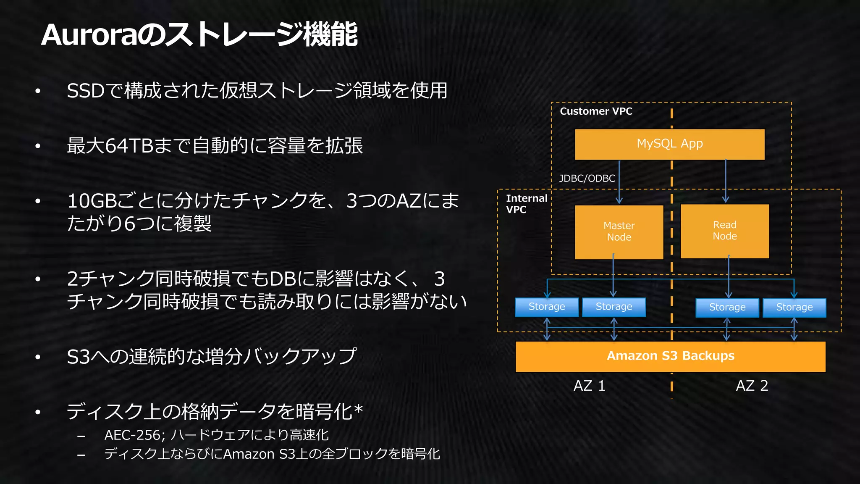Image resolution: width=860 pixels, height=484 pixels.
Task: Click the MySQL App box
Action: click(669, 144)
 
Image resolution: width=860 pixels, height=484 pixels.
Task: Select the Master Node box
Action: click(619, 231)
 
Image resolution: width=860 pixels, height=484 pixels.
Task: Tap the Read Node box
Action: click(725, 231)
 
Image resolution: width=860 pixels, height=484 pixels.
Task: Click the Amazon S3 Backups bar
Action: click(670, 356)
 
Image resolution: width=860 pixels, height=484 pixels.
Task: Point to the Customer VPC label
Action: click(596, 111)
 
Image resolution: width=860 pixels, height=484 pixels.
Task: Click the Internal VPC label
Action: click(526, 204)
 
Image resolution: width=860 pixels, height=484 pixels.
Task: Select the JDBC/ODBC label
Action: click(587, 179)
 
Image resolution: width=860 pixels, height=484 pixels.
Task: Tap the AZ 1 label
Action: click(589, 386)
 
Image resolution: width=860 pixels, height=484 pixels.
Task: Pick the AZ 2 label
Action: click(752, 386)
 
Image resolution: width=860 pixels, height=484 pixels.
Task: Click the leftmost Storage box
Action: click(547, 307)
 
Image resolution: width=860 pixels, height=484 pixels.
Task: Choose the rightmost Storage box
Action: click(794, 308)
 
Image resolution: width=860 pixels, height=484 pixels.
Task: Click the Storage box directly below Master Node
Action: click(614, 307)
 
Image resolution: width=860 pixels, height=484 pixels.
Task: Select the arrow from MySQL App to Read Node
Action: click(726, 181)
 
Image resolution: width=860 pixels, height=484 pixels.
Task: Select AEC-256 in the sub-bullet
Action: click(132, 435)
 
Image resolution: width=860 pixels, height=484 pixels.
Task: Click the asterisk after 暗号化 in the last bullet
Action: click(358, 409)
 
